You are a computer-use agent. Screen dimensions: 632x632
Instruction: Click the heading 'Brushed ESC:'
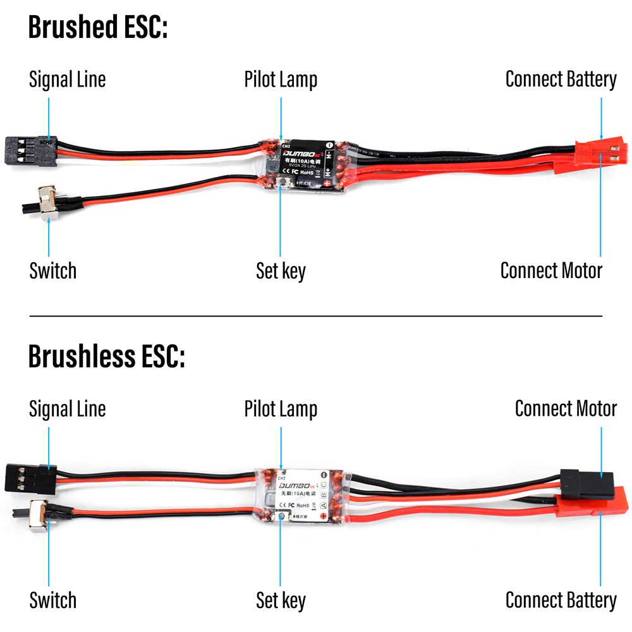[98, 28]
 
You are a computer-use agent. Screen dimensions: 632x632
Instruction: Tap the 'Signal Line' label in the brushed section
[67, 80]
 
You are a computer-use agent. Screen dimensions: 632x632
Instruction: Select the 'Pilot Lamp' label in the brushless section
[281, 409]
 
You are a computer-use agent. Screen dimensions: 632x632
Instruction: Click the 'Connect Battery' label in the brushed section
[561, 80]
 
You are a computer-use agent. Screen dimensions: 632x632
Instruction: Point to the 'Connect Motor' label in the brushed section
[551, 270]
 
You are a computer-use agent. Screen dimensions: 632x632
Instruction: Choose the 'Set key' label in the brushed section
[281, 270]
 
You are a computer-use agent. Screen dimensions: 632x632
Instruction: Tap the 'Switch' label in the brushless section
[52, 600]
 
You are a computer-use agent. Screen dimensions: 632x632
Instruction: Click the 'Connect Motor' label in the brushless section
[566, 408]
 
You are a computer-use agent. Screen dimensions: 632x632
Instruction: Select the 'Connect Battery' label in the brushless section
[561, 600]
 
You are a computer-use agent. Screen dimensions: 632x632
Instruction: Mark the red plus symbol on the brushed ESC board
[327, 183]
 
